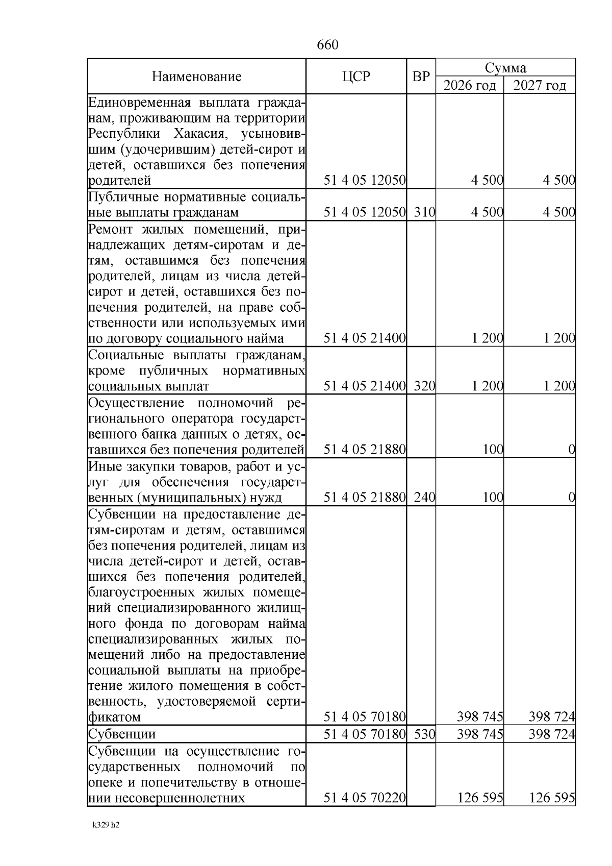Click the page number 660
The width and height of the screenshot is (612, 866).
click(327, 45)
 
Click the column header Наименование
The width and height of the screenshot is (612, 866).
click(196, 77)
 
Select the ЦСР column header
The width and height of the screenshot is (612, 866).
click(356, 77)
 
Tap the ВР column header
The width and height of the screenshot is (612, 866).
click(421, 77)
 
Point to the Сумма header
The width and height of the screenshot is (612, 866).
click(505, 68)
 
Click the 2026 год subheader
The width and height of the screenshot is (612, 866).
click(469, 85)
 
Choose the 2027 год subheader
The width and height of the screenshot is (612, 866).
click(540, 85)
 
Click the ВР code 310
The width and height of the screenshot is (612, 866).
click(424, 212)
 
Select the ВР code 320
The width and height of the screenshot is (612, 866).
click(424, 386)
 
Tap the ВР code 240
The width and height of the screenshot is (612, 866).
click(424, 497)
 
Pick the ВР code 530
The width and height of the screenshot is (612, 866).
click(424, 734)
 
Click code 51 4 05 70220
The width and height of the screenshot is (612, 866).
click(365, 798)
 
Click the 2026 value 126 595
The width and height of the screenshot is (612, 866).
click(480, 798)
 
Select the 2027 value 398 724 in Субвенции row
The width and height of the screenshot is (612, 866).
click(552, 734)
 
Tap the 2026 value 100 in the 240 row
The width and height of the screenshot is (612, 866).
click(493, 497)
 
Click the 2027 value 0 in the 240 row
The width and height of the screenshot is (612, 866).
click(572, 497)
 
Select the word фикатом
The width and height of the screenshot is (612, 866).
click(115, 717)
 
